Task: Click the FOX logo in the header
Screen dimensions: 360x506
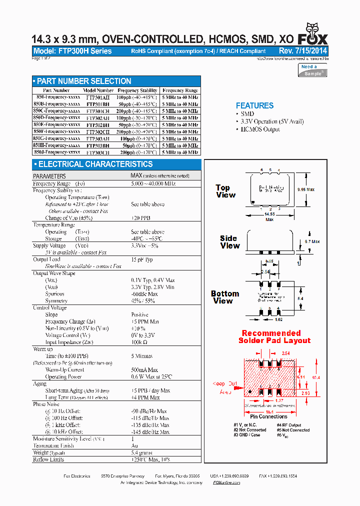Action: [x=313, y=35]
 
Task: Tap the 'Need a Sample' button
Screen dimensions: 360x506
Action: [x=312, y=70]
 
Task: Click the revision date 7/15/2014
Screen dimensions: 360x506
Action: [x=310, y=51]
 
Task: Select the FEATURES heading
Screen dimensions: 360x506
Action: [x=254, y=105]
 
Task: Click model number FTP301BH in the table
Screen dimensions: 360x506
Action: [x=97, y=104]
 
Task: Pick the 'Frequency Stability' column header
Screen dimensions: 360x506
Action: [x=137, y=90]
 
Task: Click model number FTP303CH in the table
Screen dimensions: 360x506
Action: [x=97, y=152]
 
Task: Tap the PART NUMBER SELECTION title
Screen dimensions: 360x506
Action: [x=84, y=81]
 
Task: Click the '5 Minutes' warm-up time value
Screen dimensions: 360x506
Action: [x=142, y=356]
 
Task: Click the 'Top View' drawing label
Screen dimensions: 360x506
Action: [x=225, y=191]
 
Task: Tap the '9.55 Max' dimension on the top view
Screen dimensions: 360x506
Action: [x=305, y=190]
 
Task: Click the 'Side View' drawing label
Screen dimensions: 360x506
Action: [x=230, y=242]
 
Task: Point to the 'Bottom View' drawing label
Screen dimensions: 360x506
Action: [x=224, y=297]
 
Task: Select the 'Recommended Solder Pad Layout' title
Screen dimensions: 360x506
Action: [x=274, y=336]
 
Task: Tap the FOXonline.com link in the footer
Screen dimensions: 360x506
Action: [x=223, y=482]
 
